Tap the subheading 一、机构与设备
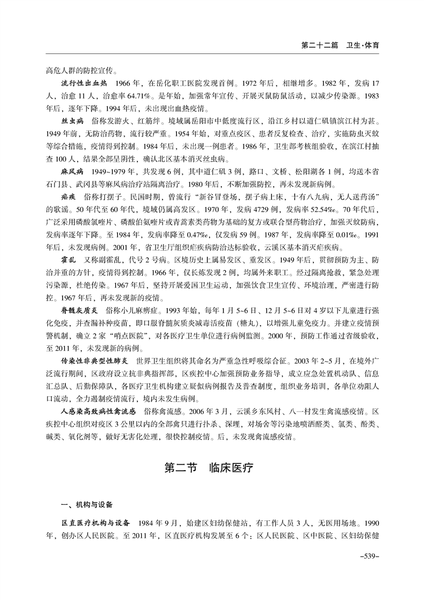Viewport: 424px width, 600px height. tap(87, 504)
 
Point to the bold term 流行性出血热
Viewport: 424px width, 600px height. tap(84, 84)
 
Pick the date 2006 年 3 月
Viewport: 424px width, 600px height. tap(199, 411)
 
